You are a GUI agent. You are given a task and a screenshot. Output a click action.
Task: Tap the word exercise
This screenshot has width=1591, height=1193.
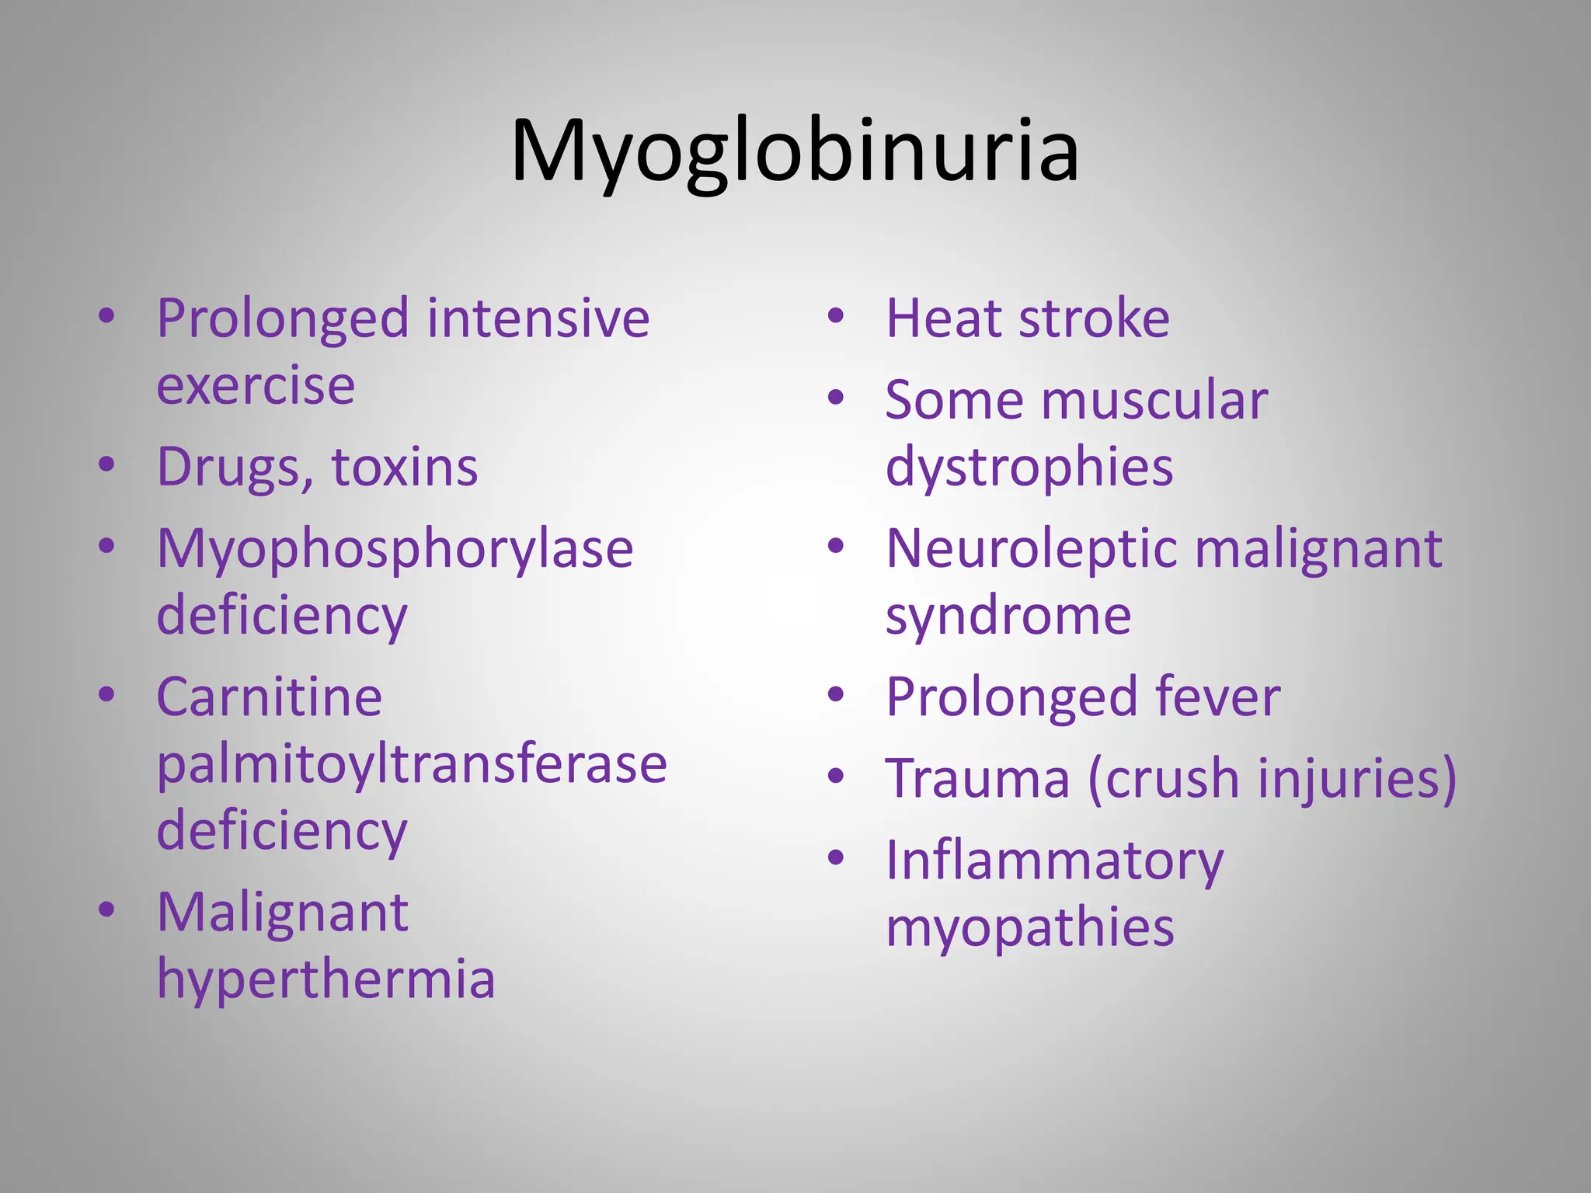(256, 386)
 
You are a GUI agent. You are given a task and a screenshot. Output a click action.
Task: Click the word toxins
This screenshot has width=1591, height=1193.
(404, 468)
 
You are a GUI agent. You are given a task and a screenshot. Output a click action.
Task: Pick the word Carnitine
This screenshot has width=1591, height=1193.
(269, 697)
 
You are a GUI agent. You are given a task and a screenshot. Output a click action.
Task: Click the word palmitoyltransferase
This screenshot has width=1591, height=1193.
(412, 764)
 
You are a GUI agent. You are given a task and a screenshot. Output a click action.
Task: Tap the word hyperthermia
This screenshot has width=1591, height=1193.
(326, 979)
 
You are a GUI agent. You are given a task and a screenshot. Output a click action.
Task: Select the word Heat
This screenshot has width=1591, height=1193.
(942, 318)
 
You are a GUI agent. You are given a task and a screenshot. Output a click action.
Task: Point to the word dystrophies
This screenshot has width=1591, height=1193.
(1029, 468)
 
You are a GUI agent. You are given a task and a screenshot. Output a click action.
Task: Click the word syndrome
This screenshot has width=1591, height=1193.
(1008, 616)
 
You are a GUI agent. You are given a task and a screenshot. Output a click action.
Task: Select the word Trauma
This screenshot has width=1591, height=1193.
(977, 778)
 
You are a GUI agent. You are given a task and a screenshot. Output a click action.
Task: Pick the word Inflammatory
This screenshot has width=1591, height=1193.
(1054, 861)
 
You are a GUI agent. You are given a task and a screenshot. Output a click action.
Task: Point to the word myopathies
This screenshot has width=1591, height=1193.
(1029, 927)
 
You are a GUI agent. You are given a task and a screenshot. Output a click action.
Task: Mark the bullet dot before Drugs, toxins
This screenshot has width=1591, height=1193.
(106, 464)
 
